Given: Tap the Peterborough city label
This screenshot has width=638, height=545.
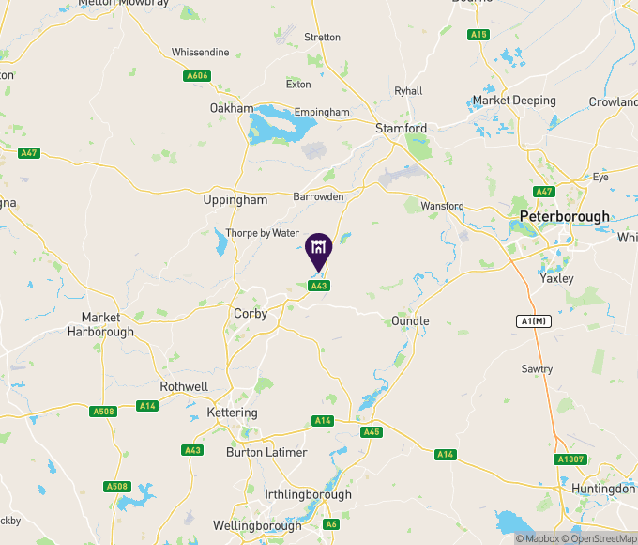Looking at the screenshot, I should click(564, 215).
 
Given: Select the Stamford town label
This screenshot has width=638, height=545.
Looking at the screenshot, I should click(401, 128).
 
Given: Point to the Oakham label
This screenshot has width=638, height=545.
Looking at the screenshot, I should click(232, 108).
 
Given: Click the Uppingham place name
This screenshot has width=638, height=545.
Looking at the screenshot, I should click(235, 199).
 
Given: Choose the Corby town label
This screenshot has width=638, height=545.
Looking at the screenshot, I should click(251, 314).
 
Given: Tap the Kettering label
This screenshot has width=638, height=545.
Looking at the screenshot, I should click(234, 413).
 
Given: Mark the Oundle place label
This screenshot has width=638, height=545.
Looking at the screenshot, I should click(410, 321).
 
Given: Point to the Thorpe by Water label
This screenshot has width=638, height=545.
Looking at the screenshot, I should click(262, 233).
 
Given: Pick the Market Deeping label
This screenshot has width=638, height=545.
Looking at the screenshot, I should click(514, 101).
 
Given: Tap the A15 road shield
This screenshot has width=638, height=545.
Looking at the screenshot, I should click(478, 35).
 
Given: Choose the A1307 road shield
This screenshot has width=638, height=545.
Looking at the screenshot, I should click(570, 459).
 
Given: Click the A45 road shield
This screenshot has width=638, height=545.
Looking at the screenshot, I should click(372, 432).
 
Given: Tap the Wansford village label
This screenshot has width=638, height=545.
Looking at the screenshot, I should click(443, 206).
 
